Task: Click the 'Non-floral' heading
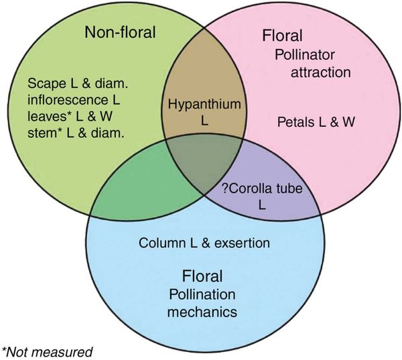pyautogui.click(x=120, y=32)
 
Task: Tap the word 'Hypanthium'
pyautogui.click(x=204, y=104)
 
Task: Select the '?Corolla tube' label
pyautogui.click(x=262, y=188)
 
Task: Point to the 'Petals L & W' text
pyautogui.click(x=316, y=122)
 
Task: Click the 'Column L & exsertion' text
pyautogui.click(x=204, y=243)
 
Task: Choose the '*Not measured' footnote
pyautogui.click(x=47, y=352)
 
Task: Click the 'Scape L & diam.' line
pyautogui.click(x=78, y=83)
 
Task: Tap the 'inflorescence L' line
pyautogui.click(x=74, y=100)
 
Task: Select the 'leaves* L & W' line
pyautogui.click(x=70, y=116)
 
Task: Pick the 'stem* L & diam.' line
pyautogui.click(x=76, y=133)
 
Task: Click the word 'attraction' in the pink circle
pyautogui.click(x=320, y=72)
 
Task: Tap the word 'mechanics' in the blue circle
pyautogui.click(x=202, y=312)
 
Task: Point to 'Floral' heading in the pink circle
pyautogui.click(x=282, y=36)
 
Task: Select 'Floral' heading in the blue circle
pyautogui.click(x=202, y=276)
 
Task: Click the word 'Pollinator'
pyautogui.click(x=305, y=55)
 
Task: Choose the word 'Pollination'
pyautogui.click(x=202, y=294)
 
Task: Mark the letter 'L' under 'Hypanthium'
pyautogui.click(x=204, y=121)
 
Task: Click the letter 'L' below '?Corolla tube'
pyautogui.click(x=262, y=205)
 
